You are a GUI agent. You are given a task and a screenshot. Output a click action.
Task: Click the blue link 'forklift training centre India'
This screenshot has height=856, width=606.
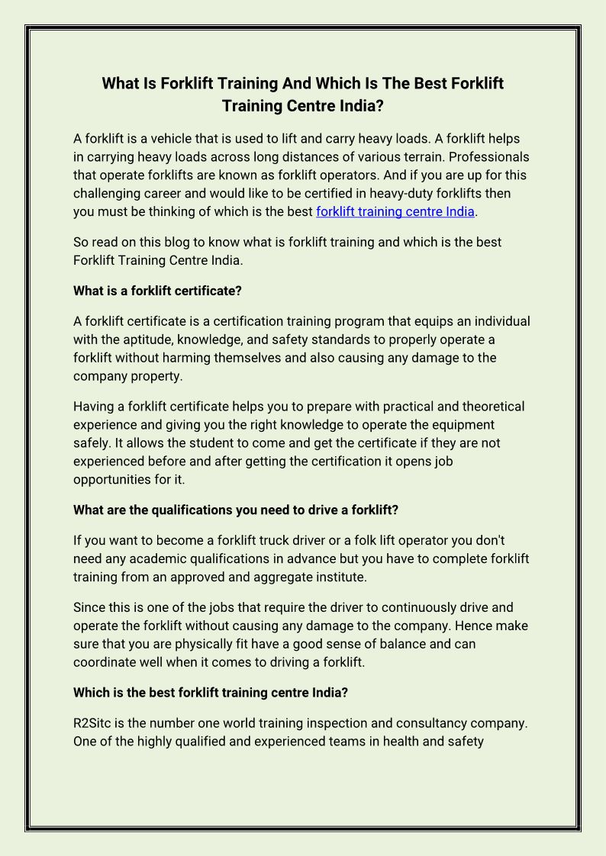click(395, 211)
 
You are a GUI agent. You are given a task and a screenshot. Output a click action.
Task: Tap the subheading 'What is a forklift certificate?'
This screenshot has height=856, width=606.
click(157, 291)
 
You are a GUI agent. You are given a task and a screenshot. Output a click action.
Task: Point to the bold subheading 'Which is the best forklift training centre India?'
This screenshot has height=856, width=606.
click(211, 693)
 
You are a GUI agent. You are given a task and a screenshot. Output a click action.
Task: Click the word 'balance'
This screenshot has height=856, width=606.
click(426, 644)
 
